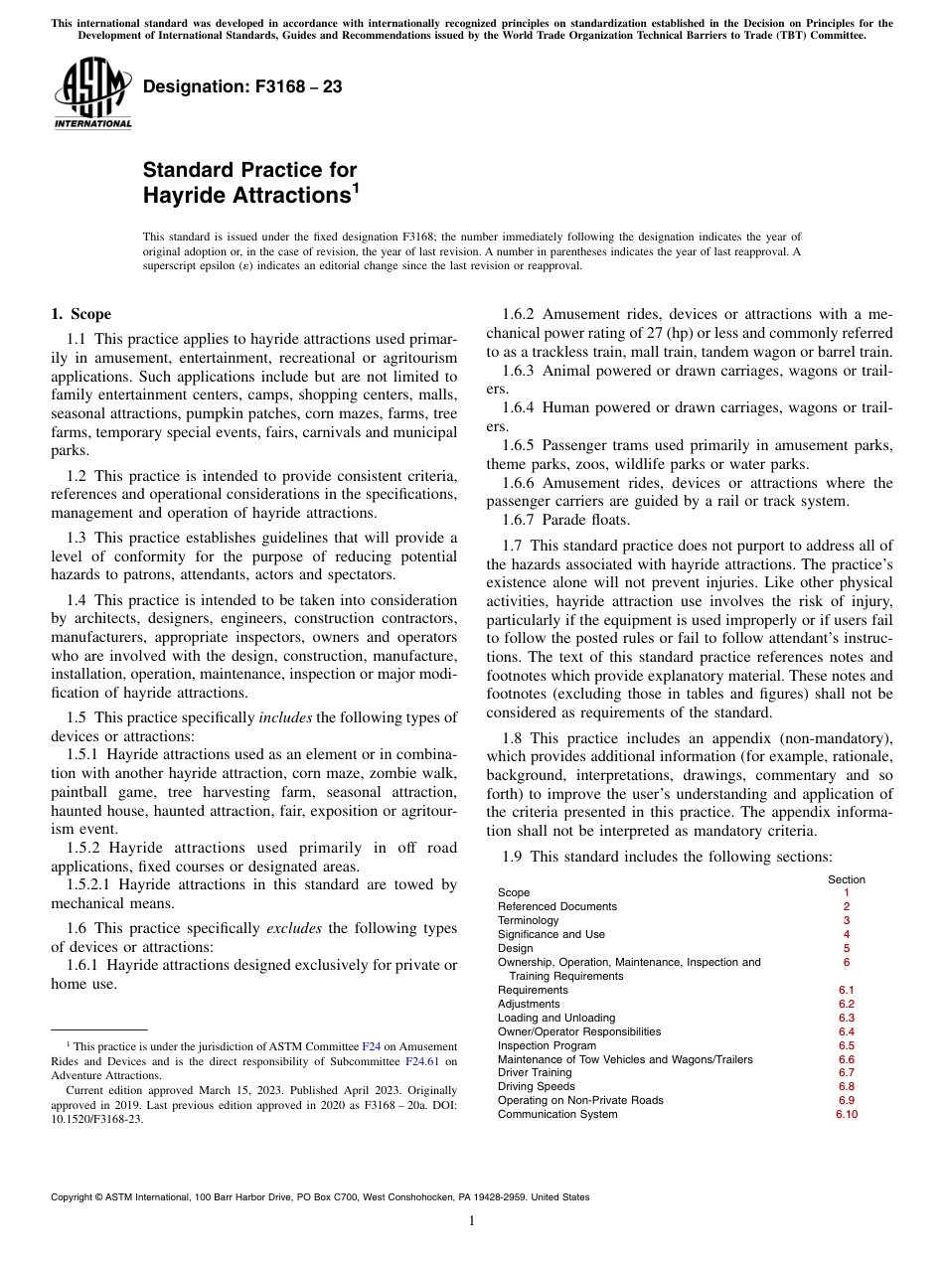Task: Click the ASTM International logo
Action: [91, 94]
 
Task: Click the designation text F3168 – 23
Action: [242, 87]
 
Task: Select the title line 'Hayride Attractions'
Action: [246, 196]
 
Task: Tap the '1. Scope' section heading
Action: [80, 315]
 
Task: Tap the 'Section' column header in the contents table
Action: [847, 879]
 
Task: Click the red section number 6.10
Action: [847, 1114]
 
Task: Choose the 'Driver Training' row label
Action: [535, 1073]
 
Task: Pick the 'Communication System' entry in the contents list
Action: [556, 1114]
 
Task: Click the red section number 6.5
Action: [847, 1045]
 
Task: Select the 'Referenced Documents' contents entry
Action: [556, 906]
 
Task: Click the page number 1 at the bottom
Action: [472, 1221]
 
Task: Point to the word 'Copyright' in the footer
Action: [76, 1197]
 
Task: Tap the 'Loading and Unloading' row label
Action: [555, 1018]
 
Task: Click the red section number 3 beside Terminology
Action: [847, 920]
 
